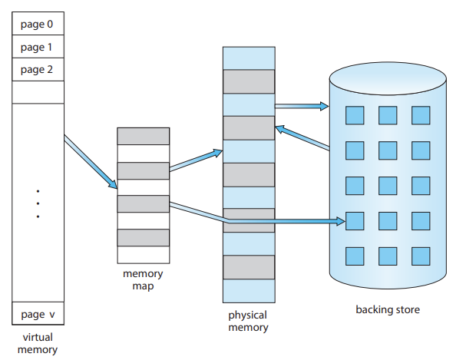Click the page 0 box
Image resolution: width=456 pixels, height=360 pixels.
38,24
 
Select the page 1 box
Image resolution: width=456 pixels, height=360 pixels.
38,47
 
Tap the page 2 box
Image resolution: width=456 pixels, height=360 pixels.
38,70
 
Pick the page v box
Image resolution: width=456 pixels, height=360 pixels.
38,313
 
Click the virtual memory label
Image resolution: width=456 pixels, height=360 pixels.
38,343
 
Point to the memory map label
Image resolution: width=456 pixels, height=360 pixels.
143,279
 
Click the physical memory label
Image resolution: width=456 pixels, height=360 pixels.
248,322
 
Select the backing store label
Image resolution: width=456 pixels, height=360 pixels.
388,309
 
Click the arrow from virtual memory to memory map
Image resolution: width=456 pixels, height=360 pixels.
91,162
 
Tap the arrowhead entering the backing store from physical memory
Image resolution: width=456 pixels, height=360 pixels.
324,106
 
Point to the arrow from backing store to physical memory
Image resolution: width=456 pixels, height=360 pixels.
302,138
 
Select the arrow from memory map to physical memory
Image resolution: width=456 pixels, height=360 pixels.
196,160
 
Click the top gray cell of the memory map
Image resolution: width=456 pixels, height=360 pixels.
143,136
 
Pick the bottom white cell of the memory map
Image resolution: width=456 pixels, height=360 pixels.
143,255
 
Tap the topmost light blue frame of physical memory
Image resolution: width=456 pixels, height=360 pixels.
249,58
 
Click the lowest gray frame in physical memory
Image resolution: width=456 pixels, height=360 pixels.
249,267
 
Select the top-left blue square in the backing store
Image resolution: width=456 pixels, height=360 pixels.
355,115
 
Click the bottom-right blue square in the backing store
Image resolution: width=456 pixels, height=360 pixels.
421,256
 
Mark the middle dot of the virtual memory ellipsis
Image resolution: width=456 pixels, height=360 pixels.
38,203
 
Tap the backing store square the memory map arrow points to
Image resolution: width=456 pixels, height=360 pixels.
355,221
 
